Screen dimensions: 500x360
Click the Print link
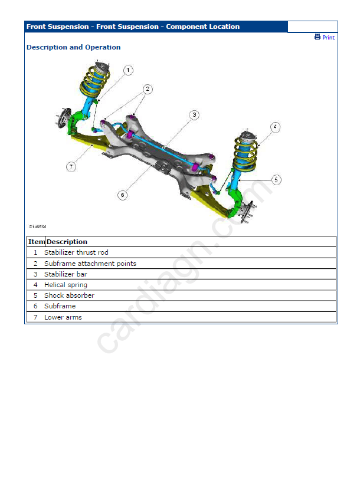[328, 37]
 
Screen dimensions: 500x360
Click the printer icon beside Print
[318, 37]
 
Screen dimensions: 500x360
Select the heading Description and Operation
[73, 47]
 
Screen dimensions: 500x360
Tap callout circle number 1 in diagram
[128, 70]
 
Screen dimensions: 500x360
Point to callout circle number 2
[147, 89]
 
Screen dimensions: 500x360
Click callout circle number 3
[194, 114]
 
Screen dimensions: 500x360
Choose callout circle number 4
[275, 127]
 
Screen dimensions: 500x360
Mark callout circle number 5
[276, 179]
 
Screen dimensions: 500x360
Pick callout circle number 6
[122, 195]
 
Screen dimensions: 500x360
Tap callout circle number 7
[71, 167]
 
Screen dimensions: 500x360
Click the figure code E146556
[38, 226]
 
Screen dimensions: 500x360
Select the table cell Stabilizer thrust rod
[76, 252]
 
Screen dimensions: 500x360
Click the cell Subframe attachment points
[90, 264]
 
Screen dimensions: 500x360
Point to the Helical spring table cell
[66, 285]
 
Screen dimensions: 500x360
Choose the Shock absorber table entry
[69, 295]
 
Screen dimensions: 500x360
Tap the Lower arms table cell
[63, 317]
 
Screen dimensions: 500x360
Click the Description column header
[67, 242]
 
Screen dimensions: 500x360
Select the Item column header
[36, 242]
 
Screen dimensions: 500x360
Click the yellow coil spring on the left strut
[95, 81]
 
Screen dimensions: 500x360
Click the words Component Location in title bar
[202, 27]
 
